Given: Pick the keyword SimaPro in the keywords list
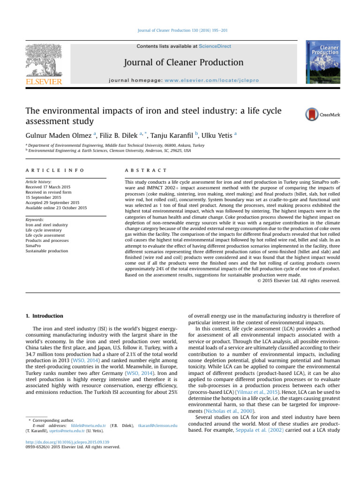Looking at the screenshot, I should point(34,246).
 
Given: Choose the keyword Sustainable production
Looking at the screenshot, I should point(47,251).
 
